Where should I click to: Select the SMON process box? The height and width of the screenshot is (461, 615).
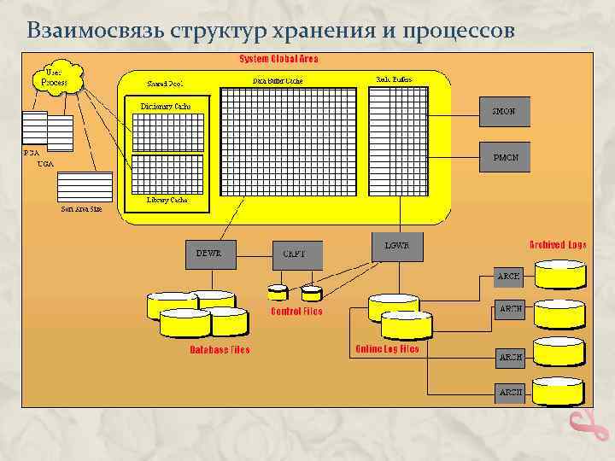tap(504, 111)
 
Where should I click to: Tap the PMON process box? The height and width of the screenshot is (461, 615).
tap(504, 158)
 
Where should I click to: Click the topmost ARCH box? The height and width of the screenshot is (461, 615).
tap(510, 276)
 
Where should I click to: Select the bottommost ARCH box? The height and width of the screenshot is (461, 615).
tap(510, 392)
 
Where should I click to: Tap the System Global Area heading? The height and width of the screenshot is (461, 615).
tap(278, 59)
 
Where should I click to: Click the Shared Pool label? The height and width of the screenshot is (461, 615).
tap(166, 84)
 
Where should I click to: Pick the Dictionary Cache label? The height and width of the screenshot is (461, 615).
tap(166, 107)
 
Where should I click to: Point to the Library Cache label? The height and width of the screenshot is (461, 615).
tap(167, 200)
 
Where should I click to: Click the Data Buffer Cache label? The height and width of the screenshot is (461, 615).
tap(278, 80)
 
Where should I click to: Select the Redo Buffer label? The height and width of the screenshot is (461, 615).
tap(394, 79)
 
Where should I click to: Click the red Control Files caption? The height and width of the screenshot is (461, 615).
tap(296, 312)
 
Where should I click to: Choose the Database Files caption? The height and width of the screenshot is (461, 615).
tap(220, 350)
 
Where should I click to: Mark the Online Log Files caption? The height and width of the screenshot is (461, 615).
tap(387, 349)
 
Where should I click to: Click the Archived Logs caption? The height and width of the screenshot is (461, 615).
tap(559, 245)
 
